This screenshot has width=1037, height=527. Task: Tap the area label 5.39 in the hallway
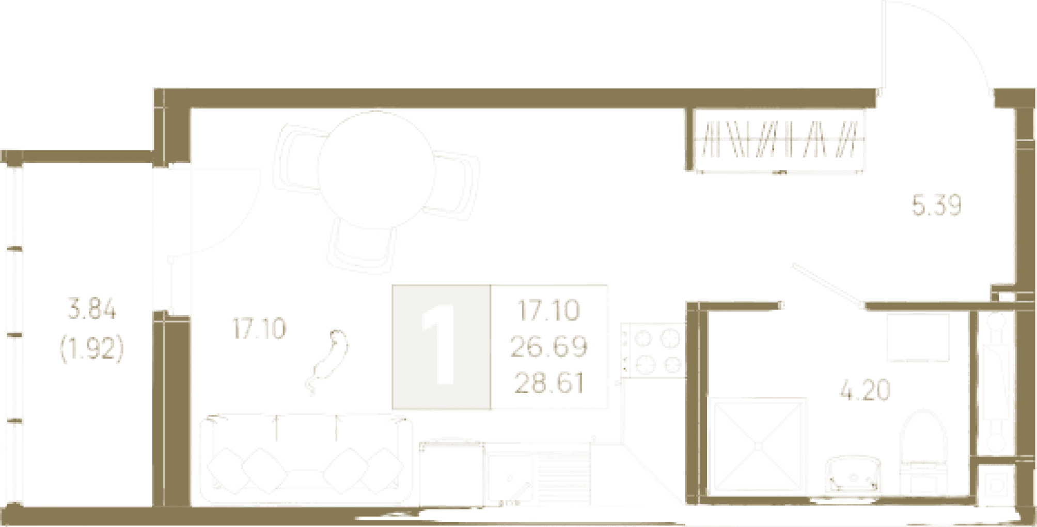pos(936,205)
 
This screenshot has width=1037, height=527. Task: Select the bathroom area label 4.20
pos(865,390)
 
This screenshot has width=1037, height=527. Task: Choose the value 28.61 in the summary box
pos(549,383)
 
